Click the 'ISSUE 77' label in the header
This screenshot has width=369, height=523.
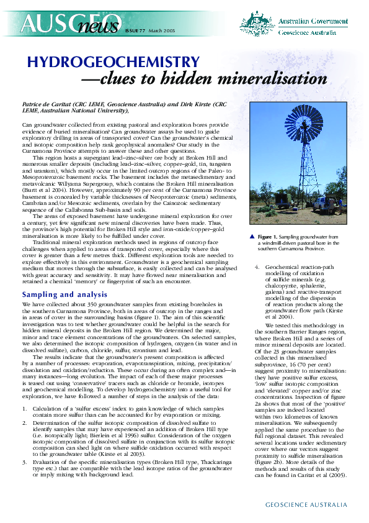131,29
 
